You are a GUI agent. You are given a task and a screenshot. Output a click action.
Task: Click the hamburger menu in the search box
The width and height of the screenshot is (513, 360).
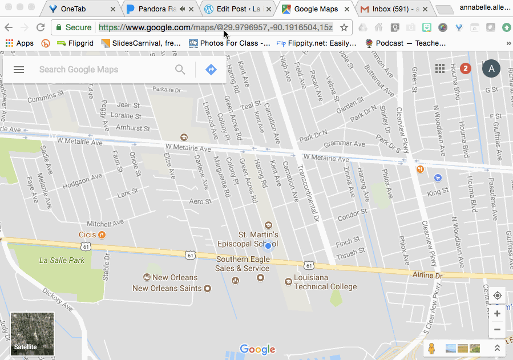[x=19, y=70]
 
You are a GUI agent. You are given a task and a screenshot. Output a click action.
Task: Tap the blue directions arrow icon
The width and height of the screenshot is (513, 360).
[x=211, y=70]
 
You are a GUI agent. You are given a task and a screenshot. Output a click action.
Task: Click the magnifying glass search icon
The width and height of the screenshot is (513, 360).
[x=180, y=70]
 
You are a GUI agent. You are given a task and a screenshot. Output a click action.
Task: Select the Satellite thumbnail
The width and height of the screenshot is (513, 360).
[x=33, y=334]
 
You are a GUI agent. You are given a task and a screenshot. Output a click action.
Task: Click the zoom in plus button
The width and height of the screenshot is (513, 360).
[x=497, y=314]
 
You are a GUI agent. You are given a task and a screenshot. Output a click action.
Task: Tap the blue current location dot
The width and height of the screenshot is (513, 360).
[x=268, y=245]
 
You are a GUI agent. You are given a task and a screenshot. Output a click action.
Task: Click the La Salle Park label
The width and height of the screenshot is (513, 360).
[x=62, y=260]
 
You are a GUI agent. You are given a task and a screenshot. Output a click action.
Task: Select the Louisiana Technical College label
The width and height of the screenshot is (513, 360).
[x=325, y=282]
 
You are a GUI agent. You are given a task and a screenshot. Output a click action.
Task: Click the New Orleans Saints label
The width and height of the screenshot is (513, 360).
[x=167, y=288]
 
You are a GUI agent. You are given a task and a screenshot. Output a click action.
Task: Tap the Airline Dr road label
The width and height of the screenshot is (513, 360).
[x=427, y=275]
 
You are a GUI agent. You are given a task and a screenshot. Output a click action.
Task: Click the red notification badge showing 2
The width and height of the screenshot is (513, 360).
[x=465, y=69]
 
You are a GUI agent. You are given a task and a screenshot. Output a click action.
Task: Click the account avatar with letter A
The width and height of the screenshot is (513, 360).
[x=491, y=69]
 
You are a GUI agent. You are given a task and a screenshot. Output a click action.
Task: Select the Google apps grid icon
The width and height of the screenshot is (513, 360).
[x=440, y=69]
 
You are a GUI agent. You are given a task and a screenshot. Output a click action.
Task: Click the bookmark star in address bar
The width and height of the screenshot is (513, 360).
[x=344, y=27]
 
